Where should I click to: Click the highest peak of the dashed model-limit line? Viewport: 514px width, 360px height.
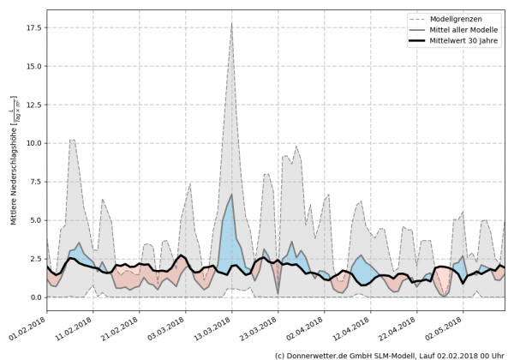point(231,23)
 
